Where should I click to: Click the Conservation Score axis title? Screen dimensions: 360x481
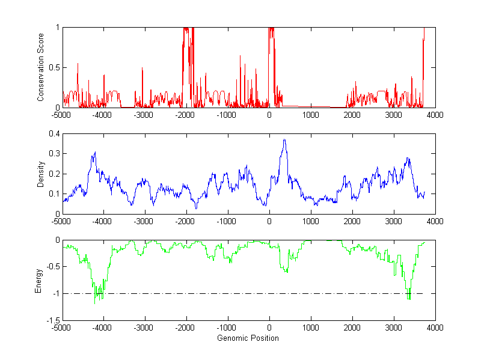40,68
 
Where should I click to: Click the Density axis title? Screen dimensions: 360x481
40,174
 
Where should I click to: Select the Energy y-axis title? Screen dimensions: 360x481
38,281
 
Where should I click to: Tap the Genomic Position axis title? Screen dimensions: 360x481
248,338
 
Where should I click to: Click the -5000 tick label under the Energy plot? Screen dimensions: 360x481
61,328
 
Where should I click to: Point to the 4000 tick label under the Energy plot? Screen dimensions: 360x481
435,328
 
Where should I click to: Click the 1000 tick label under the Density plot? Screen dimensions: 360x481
311,221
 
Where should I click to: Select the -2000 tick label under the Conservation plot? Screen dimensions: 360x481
186,115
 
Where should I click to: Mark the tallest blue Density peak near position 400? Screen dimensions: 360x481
284,140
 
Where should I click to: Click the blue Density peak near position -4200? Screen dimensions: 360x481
95,153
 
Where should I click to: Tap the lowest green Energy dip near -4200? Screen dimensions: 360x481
95,304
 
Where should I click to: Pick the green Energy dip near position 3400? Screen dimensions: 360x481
409,298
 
